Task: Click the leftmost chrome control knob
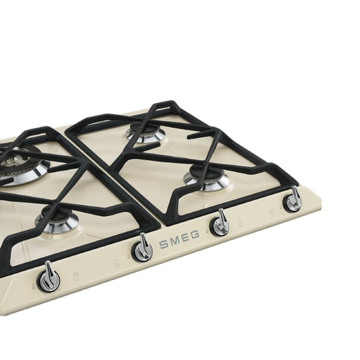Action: click(x=48, y=278)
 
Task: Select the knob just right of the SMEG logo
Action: click(x=221, y=223)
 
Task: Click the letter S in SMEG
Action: click(x=164, y=244)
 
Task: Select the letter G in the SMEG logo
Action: click(x=194, y=234)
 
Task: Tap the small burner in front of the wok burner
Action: click(x=57, y=219)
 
